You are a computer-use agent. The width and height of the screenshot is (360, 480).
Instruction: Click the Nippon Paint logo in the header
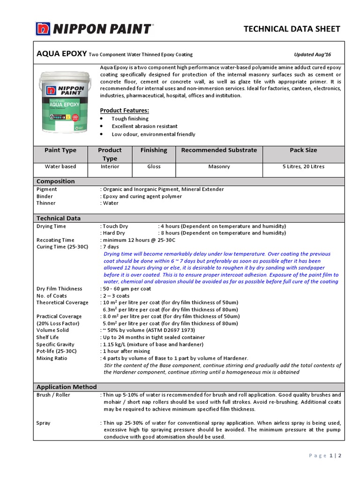(94, 29)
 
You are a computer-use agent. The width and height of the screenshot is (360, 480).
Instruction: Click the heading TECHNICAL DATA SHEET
(292, 29)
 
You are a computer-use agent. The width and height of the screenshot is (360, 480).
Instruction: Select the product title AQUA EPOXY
(61, 54)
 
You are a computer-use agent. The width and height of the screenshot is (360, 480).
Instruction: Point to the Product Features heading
(125, 110)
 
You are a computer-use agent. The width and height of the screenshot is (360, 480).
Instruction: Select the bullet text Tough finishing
(130, 119)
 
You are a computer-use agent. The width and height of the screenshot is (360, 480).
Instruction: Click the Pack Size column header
(304, 150)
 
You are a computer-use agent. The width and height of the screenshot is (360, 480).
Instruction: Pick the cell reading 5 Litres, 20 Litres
(304, 166)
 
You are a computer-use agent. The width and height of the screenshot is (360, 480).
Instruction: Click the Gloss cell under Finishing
(154, 166)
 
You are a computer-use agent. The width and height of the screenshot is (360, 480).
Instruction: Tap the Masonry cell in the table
(219, 166)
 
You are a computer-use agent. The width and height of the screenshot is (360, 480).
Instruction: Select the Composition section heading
(56, 181)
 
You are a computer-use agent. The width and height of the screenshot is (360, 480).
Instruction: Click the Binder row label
(45, 196)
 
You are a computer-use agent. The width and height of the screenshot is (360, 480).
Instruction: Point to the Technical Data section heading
(59, 218)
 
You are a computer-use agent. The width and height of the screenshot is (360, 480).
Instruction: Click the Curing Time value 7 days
(111, 247)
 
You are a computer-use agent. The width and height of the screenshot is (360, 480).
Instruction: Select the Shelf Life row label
(48, 337)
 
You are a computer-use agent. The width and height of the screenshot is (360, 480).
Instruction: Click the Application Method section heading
(67, 387)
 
